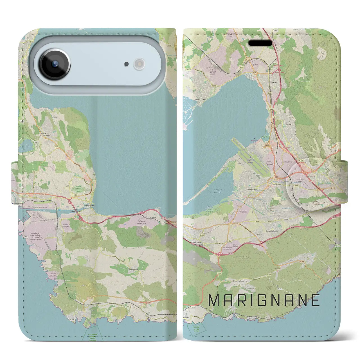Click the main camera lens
point(55,64)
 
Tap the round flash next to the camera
point(139,64)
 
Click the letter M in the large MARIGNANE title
point(214,300)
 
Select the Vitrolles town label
point(289,124)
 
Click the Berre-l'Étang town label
point(200,99)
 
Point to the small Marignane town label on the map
point(252,190)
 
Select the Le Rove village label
point(291,261)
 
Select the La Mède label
point(153,217)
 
